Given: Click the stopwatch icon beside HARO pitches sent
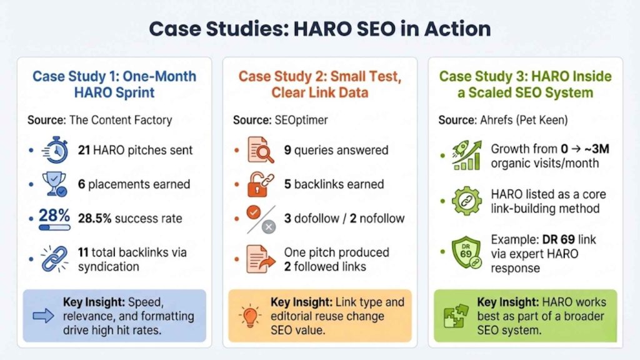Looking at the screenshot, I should click(55, 151).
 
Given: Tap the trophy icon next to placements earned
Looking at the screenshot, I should click(55, 184).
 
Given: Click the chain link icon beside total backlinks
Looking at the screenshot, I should click(55, 259).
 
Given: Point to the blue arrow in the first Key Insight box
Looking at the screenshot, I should click(43, 316).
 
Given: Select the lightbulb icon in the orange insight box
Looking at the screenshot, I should click(250, 316).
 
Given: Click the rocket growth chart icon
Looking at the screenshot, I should click(466, 156).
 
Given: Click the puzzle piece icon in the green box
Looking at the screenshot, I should click(455, 316).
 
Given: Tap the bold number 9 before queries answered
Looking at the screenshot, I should click(288, 150).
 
